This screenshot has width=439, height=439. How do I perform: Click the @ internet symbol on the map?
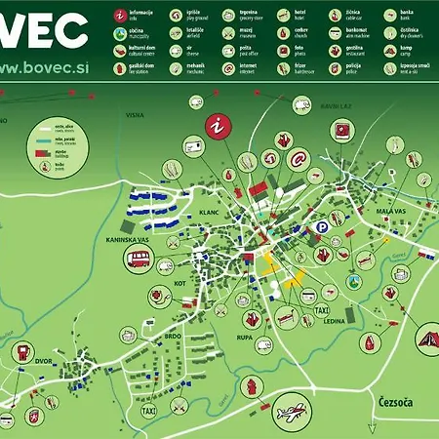[298, 157]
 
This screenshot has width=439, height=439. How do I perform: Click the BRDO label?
[173, 336]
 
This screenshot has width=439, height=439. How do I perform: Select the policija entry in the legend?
[354, 67]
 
